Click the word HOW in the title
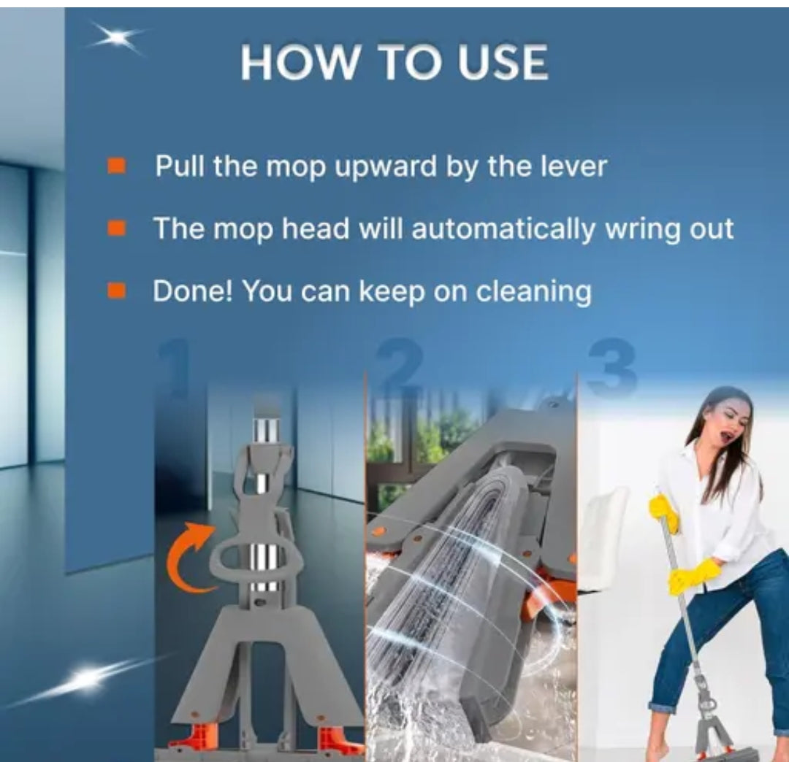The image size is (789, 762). tap(300, 62)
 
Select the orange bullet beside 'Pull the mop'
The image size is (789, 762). tap(116, 166)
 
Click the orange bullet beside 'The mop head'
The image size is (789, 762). tap(116, 228)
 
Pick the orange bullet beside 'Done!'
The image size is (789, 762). tap(116, 290)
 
